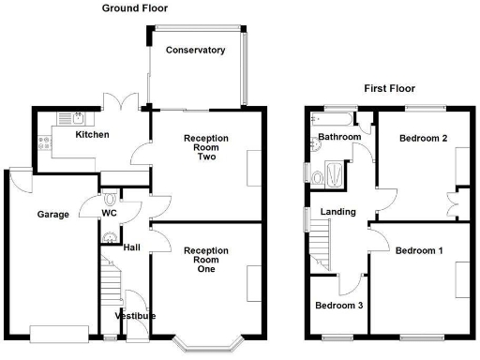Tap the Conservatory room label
(x=195, y=50)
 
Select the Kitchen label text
(x=92, y=135)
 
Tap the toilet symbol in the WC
(x=111, y=199)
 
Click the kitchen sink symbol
(x=71, y=118)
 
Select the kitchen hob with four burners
(x=44, y=144)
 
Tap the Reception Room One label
(x=206, y=260)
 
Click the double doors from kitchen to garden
(x=122, y=101)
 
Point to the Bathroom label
(x=338, y=137)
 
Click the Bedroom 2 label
(x=422, y=139)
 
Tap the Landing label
(x=337, y=213)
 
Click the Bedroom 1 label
(x=418, y=251)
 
